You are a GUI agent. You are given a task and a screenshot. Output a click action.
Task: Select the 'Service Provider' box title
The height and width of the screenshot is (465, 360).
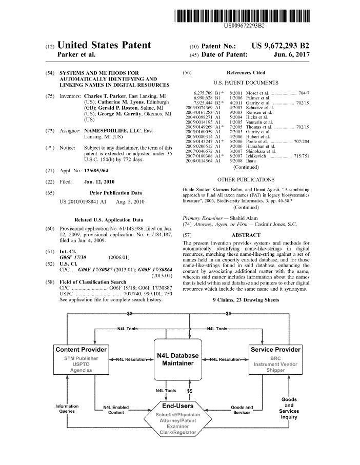(x=275, y=349)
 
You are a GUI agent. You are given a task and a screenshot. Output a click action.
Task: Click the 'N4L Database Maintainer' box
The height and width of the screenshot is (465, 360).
(x=177, y=359)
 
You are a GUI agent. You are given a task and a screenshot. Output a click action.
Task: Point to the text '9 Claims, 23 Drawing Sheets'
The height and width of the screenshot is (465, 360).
(x=246, y=300)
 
